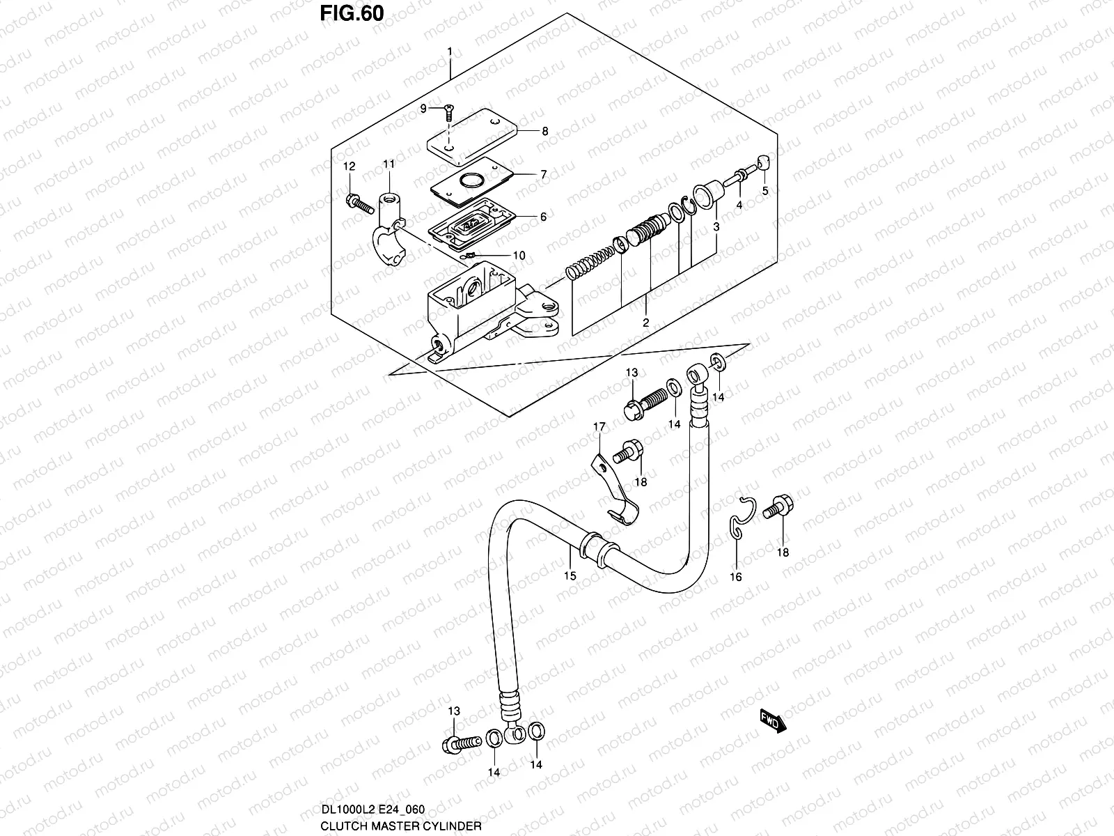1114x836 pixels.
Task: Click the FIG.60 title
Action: tap(352, 14)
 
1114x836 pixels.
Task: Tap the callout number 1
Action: tap(450, 52)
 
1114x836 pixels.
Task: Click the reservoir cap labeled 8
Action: tap(471, 137)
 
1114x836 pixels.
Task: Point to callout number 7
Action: tap(544, 175)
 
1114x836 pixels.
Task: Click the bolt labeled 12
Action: tap(360, 205)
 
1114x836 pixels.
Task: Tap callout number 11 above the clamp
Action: tap(389, 164)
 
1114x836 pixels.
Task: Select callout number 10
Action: tap(519, 255)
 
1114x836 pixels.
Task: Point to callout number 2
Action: tap(645, 323)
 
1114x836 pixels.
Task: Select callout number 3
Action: tap(716, 227)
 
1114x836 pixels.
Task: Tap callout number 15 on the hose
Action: tap(570, 575)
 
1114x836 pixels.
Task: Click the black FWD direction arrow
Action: tap(773, 721)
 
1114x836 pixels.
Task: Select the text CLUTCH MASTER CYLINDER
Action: tap(401, 826)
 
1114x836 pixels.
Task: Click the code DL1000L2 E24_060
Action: tap(372, 810)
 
